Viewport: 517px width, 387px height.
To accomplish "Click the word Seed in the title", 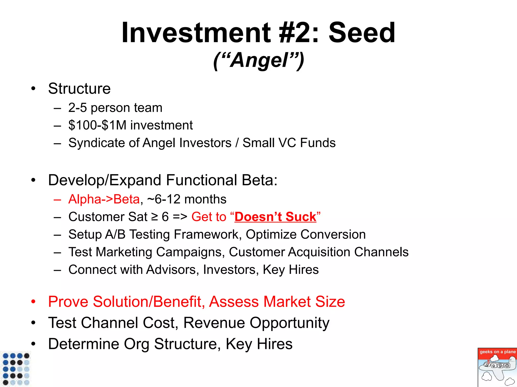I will (x=361, y=33).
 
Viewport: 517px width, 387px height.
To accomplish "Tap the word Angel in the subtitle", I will (x=259, y=60).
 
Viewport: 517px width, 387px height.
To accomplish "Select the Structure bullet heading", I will (x=79, y=89).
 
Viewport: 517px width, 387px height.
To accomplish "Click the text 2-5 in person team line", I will (x=77, y=108).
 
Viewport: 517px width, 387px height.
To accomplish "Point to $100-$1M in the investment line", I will (x=97, y=125).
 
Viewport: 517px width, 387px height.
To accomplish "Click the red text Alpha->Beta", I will (x=104, y=199).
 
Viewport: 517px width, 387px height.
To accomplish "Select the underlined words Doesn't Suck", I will (x=275, y=217).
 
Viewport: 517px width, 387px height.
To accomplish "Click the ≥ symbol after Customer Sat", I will (x=154, y=217).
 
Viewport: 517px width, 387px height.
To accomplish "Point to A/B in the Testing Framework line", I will (x=115, y=235).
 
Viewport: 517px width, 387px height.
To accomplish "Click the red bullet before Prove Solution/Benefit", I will (x=33, y=302).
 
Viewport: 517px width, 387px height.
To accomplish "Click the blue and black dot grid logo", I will (x=16, y=369).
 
